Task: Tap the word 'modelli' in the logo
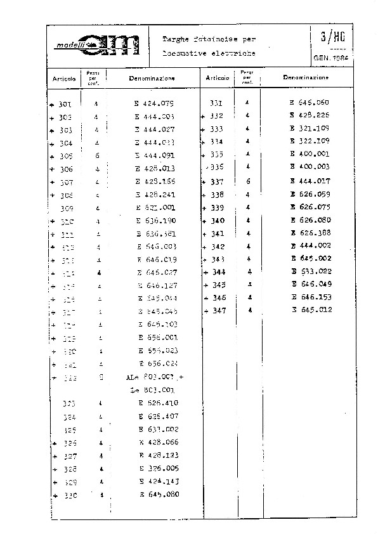point(70,46)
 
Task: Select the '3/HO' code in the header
point(330,36)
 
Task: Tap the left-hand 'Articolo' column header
point(65,79)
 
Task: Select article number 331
point(216,102)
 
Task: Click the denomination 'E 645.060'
point(310,102)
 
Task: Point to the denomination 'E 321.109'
point(310,129)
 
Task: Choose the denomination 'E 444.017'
point(310,181)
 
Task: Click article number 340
point(218,221)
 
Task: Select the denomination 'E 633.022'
point(311,271)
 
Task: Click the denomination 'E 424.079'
point(154,103)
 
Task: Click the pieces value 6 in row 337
point(248,181)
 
